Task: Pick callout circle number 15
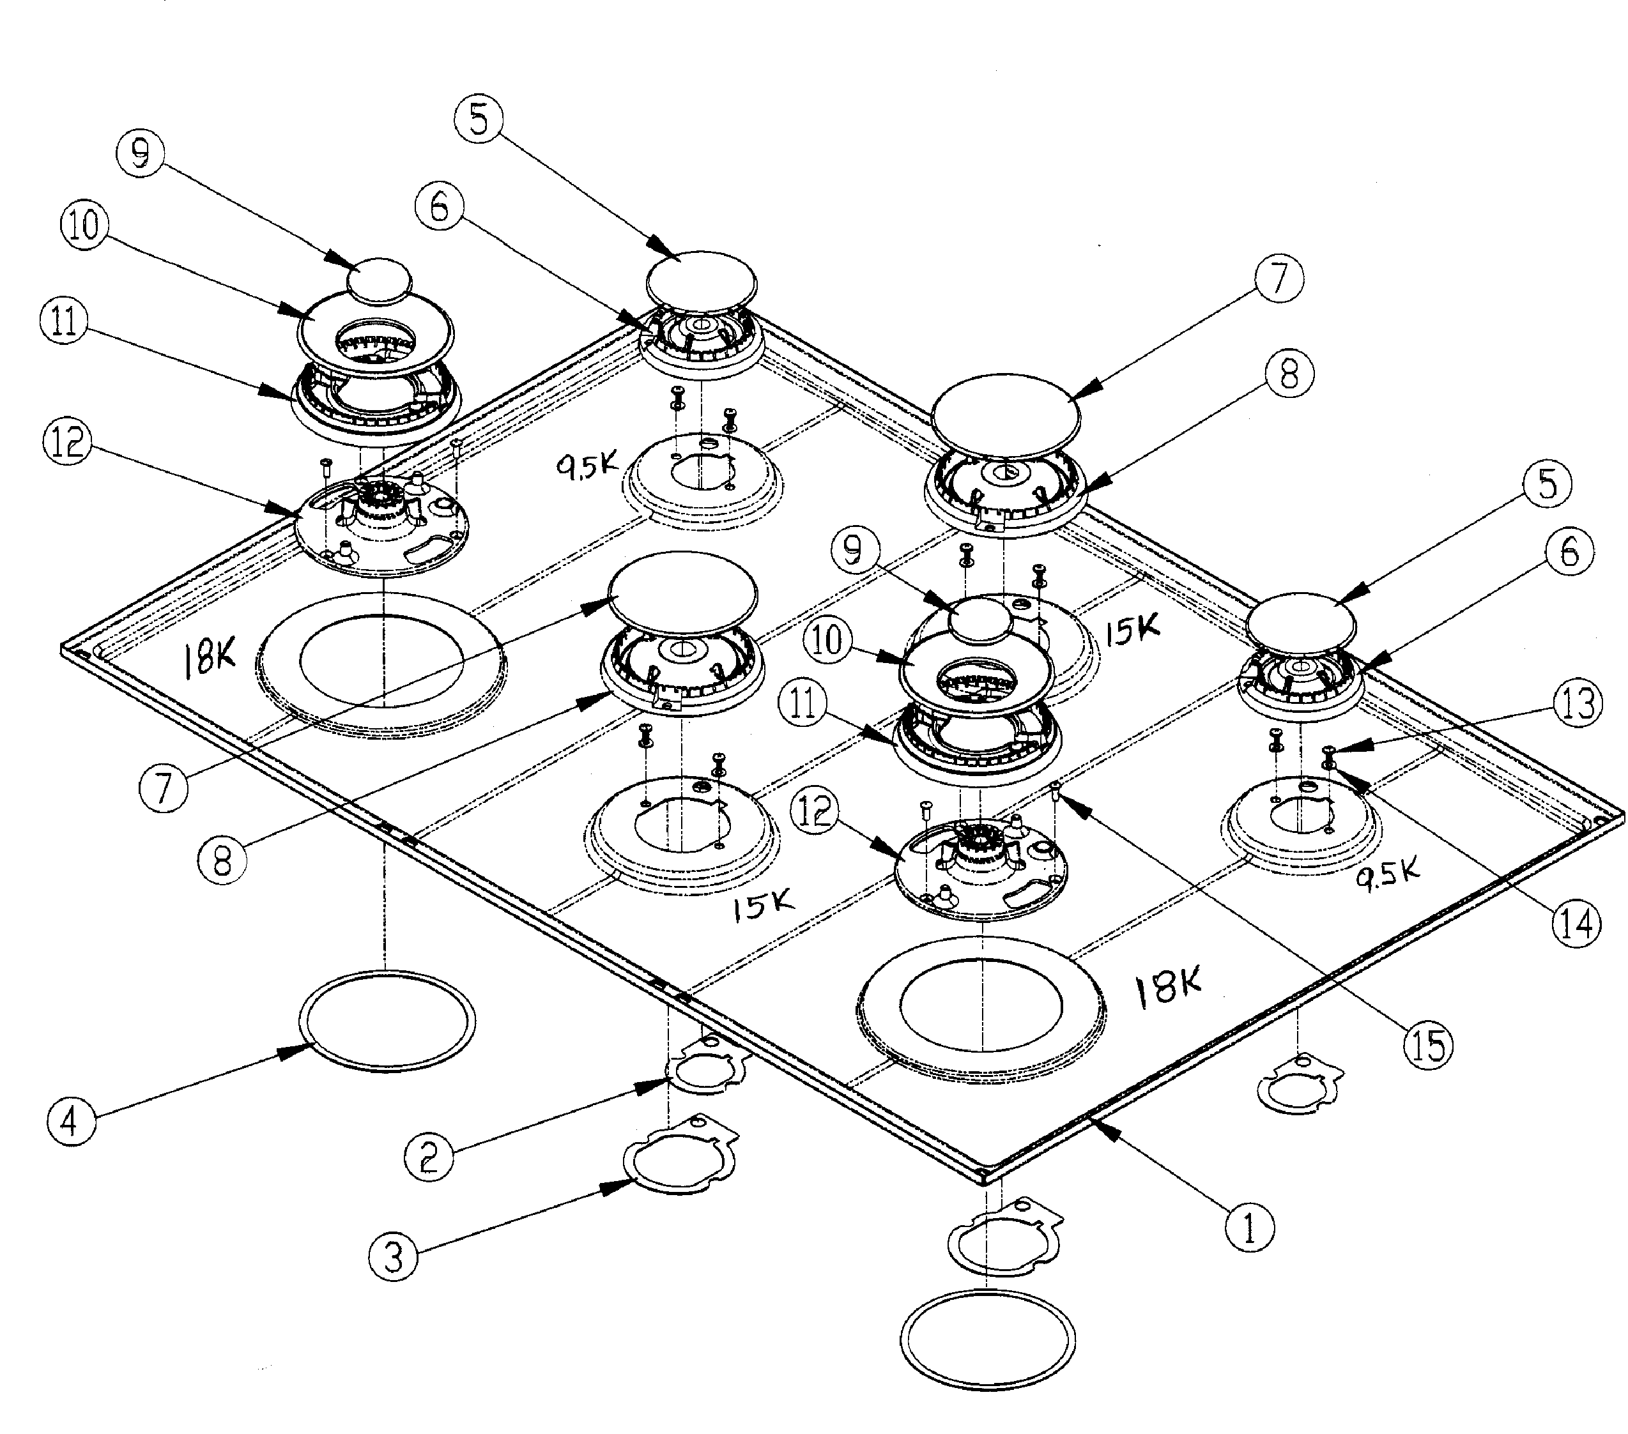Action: (1428, 1044)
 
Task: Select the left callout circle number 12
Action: (68, 442)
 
